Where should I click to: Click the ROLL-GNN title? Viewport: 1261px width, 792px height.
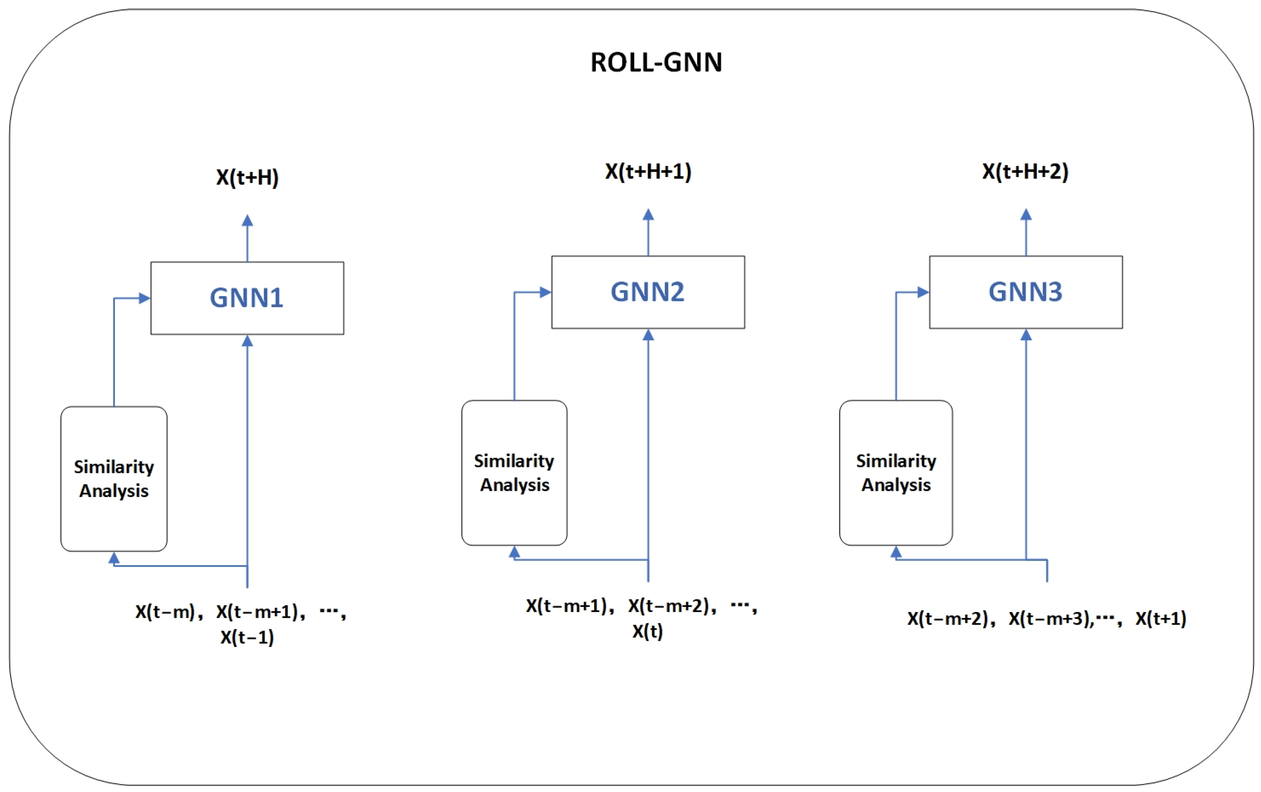[656, 62]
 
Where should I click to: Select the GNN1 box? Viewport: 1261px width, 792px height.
[247, 298]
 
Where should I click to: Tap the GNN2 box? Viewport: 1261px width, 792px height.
[648, 292]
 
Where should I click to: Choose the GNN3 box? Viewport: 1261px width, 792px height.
[1025, 292]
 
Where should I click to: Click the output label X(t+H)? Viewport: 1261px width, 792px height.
[247, 177]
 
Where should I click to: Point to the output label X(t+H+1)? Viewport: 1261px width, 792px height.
[648, 172]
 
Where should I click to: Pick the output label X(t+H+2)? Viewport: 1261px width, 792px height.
[1025, 172]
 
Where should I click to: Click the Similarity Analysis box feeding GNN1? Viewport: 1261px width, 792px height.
[114, 478]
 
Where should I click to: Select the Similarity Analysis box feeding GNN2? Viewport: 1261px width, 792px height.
[514, 473]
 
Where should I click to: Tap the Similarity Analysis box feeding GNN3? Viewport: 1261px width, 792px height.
[896, 473]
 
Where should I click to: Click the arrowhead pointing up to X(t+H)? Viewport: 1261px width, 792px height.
[247, 220]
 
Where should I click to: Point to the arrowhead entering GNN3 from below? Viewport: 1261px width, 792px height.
[1026, 335]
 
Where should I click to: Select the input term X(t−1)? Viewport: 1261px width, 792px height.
[247, 637]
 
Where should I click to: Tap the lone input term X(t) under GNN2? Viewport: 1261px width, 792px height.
[647, 631]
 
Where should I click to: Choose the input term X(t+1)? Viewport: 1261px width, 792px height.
[1161, 619]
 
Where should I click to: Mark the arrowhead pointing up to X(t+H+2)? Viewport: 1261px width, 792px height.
[1026, 215]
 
